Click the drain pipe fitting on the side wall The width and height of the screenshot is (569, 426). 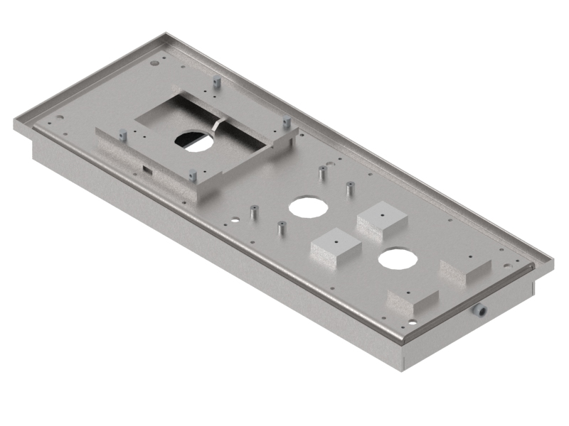tap(481, 310)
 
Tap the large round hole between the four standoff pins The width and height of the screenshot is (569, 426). tap(308, 206)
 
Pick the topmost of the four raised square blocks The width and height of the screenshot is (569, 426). tap(382, 219)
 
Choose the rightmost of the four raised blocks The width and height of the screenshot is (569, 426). tap(465, 267)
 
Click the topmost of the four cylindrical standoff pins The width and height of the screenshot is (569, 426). tap(322, 173)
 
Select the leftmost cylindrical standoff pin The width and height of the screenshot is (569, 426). tap(252, 213)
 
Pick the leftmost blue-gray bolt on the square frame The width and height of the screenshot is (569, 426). tap(123, 134)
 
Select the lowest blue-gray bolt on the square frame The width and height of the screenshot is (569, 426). tap(191, 175)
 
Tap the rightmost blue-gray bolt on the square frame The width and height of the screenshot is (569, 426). tap(287, 122)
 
